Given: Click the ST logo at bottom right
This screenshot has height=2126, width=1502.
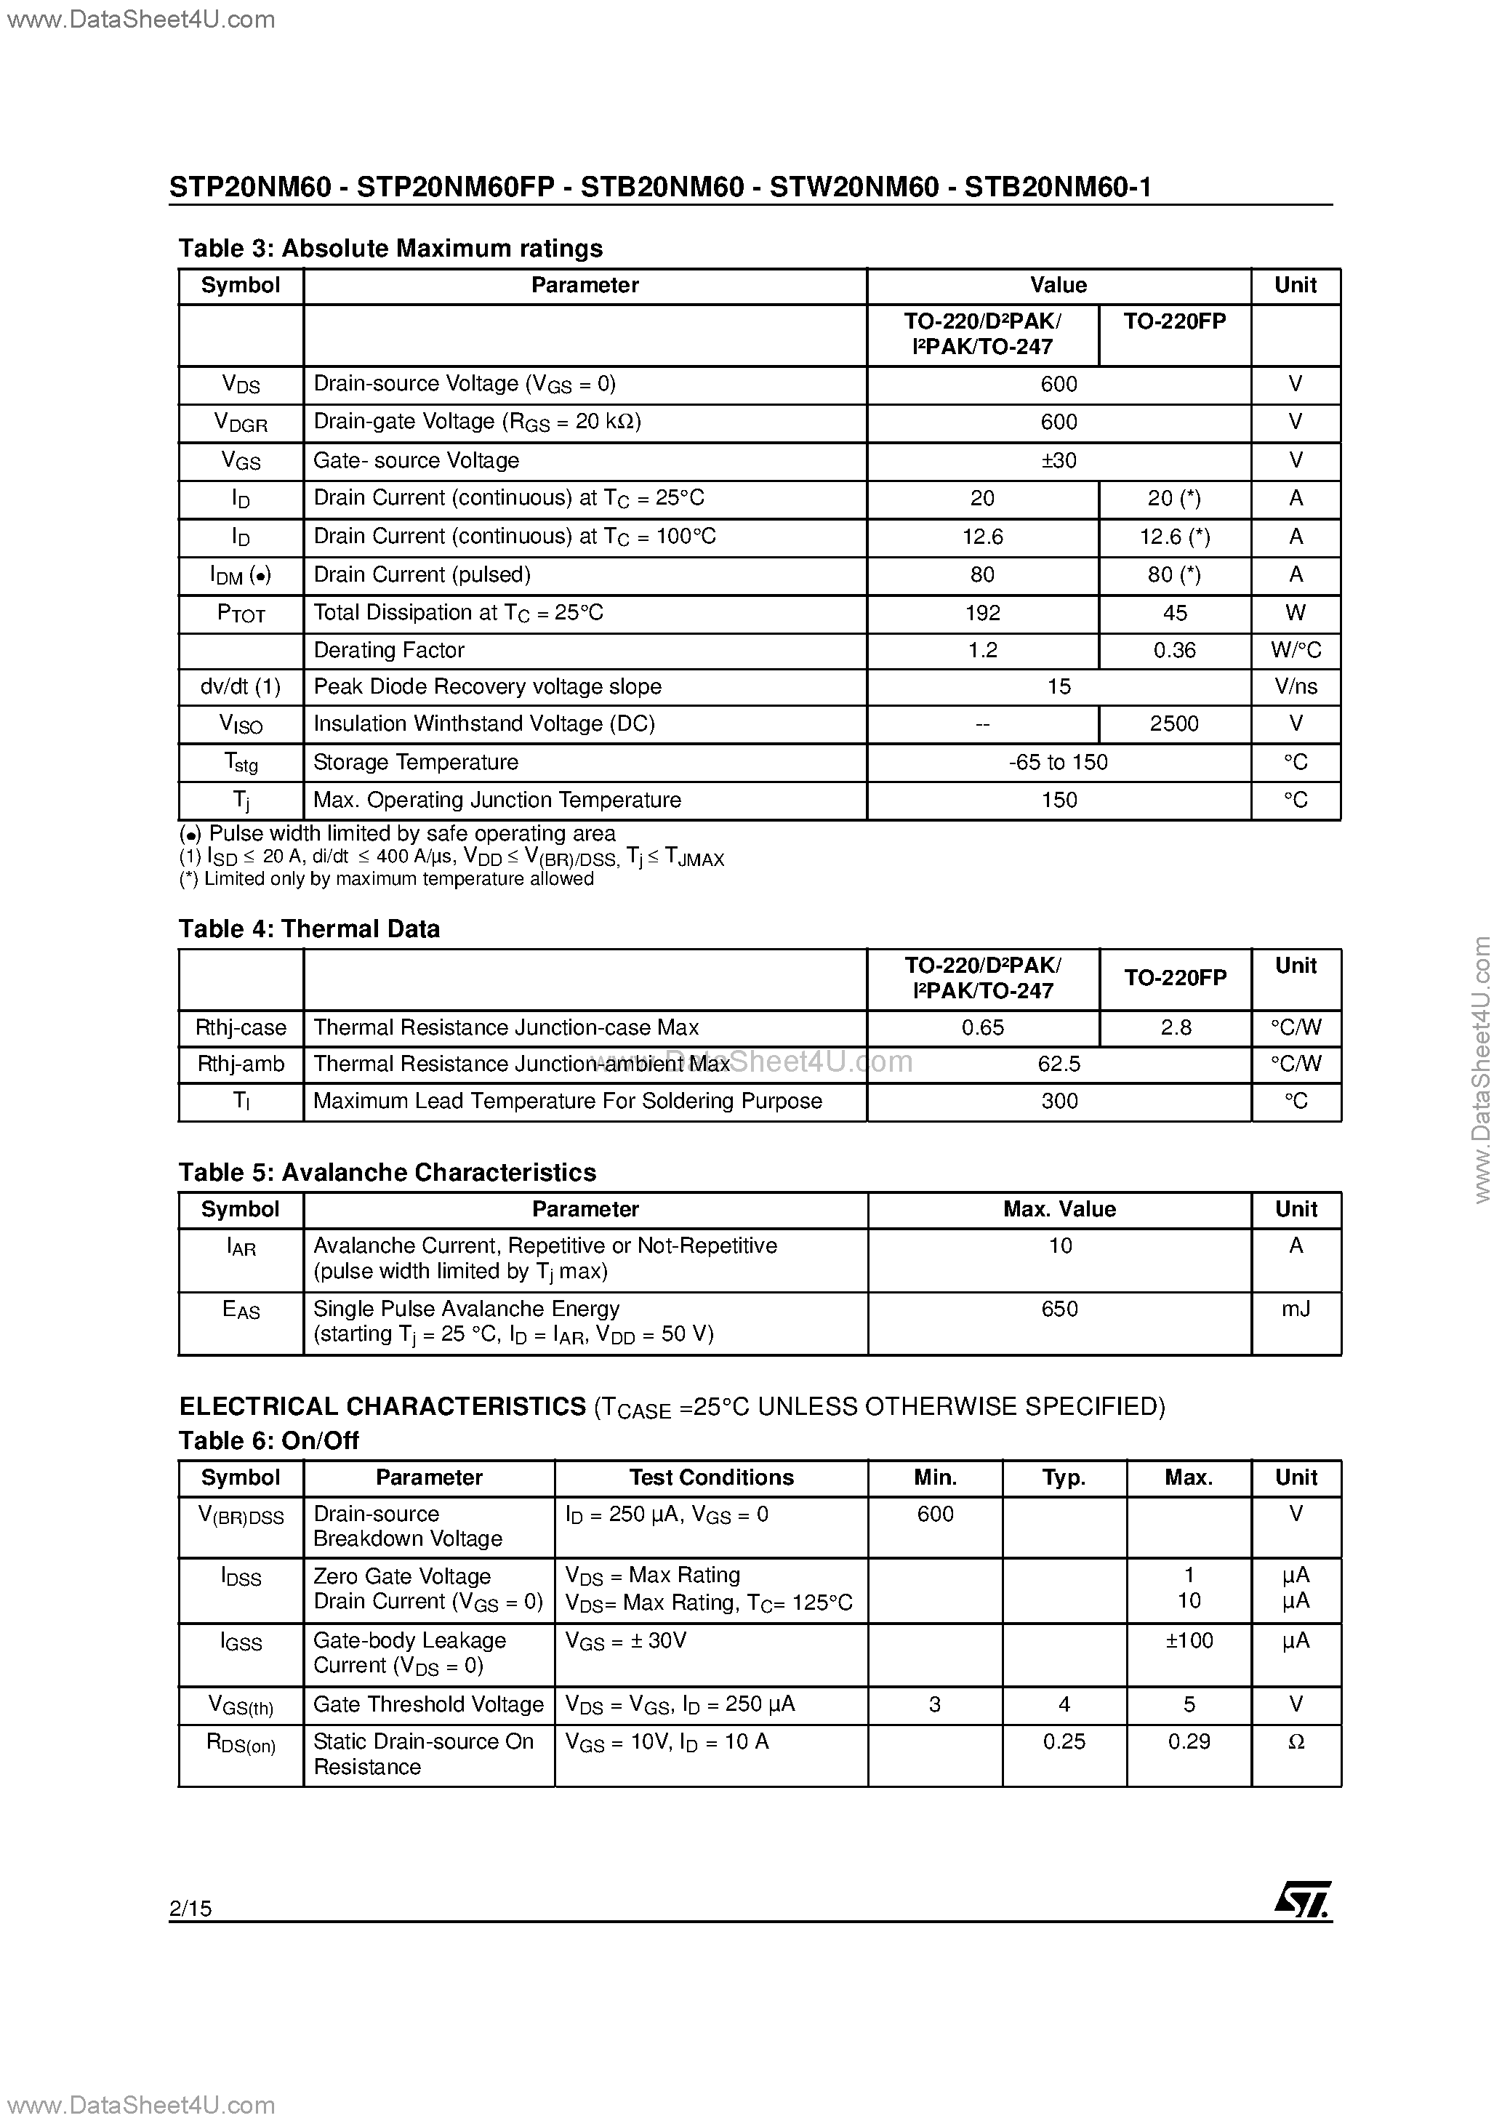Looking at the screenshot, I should click(x=1303, y=1899).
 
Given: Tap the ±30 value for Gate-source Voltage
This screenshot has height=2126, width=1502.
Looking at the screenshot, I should click(x=1059, y=460).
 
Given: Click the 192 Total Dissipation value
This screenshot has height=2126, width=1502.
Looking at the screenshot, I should click(x=982, y=613).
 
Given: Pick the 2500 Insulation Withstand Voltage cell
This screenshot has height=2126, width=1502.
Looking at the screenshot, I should click(x=1174, y=723).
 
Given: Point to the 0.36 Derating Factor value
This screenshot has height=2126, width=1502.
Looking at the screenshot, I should click(x=1174, y=650).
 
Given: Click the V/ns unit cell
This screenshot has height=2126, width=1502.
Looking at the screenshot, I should click(x=1296, y=686).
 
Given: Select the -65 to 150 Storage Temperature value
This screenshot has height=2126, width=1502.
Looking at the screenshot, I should click(x=1059, y=762).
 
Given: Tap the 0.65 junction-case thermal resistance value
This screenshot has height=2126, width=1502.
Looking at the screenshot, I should click(x=982, y=1027).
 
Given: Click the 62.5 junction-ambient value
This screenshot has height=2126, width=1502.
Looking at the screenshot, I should click(x=1059, y=1064).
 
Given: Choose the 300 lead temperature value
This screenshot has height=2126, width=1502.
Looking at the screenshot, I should click(x=1059, y=1101).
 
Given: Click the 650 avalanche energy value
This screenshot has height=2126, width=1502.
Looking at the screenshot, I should click(x=1059, y=1308).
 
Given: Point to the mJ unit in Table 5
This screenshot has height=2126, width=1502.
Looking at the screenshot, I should click(x=1296, y=1308).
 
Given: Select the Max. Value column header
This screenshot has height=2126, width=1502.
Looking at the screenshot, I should click(x=1059, y=1209).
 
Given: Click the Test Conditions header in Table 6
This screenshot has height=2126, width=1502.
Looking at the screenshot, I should click(x=711, y=1477).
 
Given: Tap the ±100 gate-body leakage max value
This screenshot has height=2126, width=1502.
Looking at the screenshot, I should click(x=1189, y=1640).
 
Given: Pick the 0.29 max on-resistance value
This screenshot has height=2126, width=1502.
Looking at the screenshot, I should click(x=1189, y=1741).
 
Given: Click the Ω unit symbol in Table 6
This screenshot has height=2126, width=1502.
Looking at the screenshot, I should click(x=1296, y=1741).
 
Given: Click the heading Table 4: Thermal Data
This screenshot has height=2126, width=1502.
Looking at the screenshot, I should click(x=308, y=928).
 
